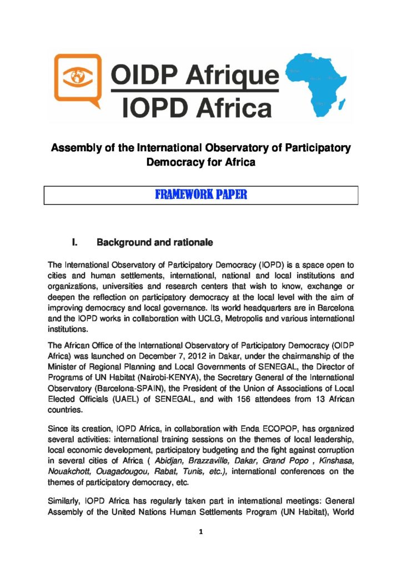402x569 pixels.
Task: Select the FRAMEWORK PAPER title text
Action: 200,196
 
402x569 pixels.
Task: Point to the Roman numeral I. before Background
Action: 76,242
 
